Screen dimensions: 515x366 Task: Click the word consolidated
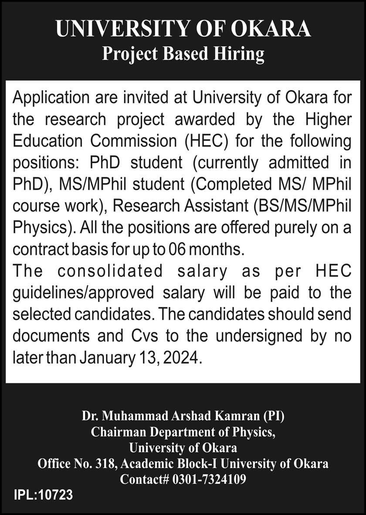click(110, 271)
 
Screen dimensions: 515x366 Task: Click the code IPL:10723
click(43, 495)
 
